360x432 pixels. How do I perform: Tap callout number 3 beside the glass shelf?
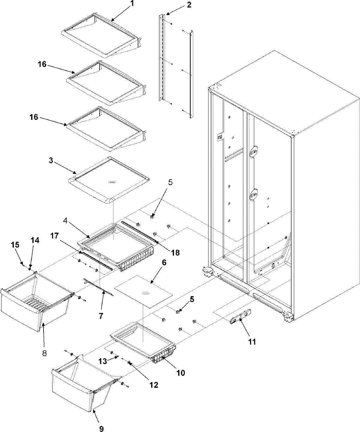click(51, 161)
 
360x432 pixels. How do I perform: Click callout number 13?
click(103, 362)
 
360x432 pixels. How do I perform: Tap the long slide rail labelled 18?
click(139, 231)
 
